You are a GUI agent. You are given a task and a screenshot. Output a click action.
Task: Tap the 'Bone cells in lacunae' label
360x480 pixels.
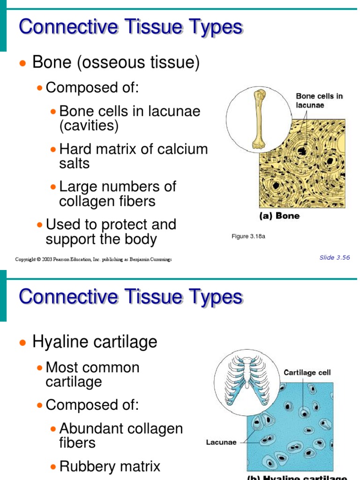coord(319,101)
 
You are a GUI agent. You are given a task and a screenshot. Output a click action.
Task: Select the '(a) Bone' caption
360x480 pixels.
coord(279,216)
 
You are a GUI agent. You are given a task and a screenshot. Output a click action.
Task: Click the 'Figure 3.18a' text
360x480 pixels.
coord(248,236)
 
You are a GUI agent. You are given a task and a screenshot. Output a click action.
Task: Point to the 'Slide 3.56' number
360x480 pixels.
coord(335,257)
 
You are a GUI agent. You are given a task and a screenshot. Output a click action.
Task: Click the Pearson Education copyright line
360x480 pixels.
coord(93,259)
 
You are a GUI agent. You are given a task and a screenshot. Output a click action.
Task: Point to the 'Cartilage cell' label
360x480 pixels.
coord(307,373)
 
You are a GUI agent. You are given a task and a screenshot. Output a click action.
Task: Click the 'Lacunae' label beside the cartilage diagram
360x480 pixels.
coord(221,442)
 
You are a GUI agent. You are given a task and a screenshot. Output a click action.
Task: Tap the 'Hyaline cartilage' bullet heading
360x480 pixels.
coord(95,342)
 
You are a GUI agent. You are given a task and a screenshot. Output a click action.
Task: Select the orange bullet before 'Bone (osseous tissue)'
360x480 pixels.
coord(22,63)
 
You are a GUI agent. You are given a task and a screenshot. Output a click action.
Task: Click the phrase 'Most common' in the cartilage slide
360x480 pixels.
coord(93,367)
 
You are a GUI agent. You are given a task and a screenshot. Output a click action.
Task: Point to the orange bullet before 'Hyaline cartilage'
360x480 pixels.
coord(22,343)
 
